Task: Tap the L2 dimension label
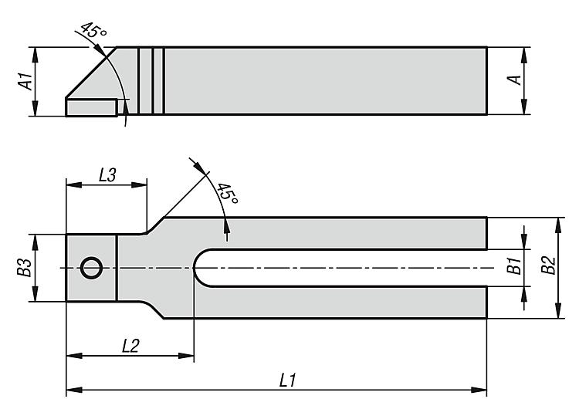click(x=130, y=347)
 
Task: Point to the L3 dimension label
click(x=107, y=174)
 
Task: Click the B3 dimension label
click(x=25, y=268)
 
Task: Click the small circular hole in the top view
click(x=91, y=268)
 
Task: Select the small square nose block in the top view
click(x=91, y=268)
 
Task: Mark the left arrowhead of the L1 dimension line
click(x=72, y=388)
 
